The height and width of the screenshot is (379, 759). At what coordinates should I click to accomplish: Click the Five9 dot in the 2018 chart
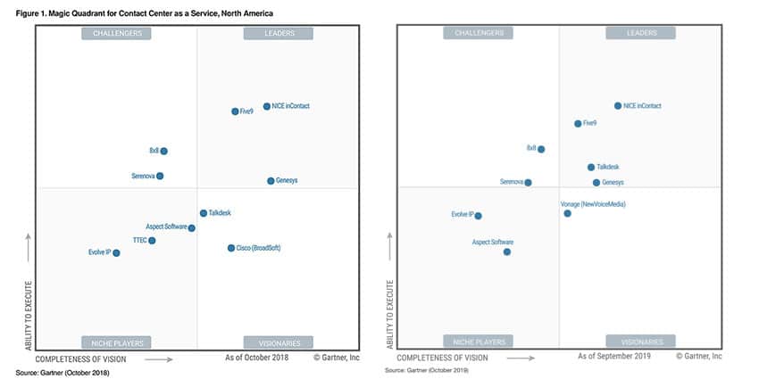pos(235,111)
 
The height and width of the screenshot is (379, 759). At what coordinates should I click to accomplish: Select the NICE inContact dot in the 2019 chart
pos(617,105)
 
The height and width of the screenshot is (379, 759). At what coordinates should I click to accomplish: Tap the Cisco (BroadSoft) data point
pos(230,248)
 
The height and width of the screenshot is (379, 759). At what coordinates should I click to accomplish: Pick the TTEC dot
pos(152,241)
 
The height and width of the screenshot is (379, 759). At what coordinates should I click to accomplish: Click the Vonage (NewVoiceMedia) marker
pos(567,213)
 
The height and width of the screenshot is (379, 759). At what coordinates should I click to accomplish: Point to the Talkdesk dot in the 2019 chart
pos(590,167)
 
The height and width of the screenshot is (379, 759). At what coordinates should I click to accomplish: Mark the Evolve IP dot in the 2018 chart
pos(116,253)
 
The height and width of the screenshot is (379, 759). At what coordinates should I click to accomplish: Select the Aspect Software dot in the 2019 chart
pos(506,251)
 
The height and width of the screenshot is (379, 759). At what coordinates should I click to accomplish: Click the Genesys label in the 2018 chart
pos(287,181)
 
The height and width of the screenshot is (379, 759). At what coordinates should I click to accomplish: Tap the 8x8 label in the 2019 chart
pos(531,148)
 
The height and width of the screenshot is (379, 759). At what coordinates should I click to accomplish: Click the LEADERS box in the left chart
pos(278,34)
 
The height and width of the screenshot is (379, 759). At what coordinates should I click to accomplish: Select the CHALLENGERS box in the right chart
pos(479,33)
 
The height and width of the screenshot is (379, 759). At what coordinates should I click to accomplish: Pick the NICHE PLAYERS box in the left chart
pos(116,342)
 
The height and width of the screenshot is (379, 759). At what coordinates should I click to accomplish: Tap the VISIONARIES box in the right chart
pos(640,342)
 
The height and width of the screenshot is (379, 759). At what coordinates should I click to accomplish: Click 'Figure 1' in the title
pos(32,13)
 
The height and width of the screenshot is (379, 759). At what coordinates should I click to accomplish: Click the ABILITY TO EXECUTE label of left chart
pos(29,317)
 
